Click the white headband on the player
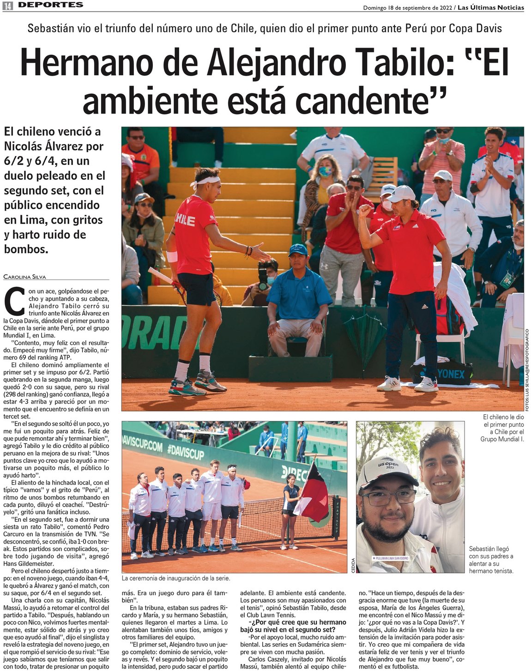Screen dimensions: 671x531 click(x=206, y=182)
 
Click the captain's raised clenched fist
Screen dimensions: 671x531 click(x=365, y=211)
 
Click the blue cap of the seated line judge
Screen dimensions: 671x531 click(x=298, y=250)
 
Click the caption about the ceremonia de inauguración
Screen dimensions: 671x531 click(x=176, y=578)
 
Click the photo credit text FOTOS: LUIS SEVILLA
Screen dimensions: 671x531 click(x=527, y=369)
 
